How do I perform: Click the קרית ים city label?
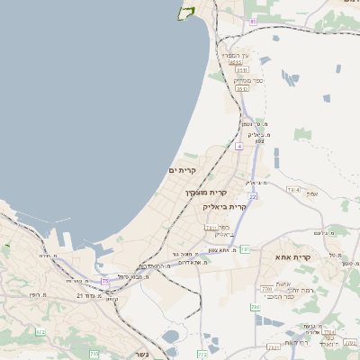click(182, 170)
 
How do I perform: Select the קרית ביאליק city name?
click(223, 206)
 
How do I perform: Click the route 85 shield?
click(254, 20)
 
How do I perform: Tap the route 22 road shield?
click(254, 195)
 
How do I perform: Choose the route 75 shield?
click(104, 282)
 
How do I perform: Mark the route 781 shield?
click(243, 249)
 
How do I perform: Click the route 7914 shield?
click(292, 190)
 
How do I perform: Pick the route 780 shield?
click(266, 289)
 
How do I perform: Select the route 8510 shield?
click(235, 62)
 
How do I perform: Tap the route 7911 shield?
click(211, 229)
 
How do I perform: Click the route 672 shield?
click(40, 332)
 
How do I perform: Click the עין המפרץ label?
click(238, 55)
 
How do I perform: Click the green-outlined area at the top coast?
click(187, 12)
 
